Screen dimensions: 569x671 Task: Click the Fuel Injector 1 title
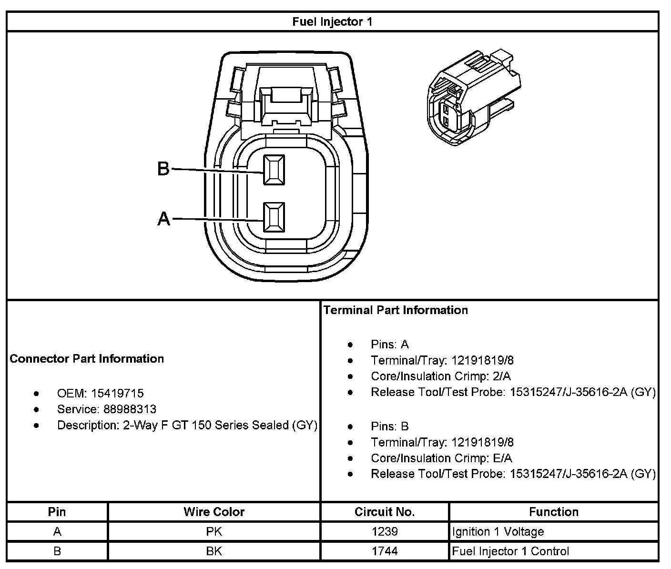point(332,22)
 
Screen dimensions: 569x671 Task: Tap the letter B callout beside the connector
point(163,169)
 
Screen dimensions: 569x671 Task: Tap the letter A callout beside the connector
point(163,219)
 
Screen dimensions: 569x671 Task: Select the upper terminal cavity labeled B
point(274,170)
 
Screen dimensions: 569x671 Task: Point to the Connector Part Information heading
point(87,359)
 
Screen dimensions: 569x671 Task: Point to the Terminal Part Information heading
point(396,310)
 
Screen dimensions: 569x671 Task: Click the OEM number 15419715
point(117,394)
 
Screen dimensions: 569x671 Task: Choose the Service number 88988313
point(130,409)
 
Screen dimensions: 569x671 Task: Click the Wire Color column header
point(214,512)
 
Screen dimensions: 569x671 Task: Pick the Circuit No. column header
point(385,512)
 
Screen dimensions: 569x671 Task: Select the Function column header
point(554,512)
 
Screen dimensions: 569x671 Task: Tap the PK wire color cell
point(214,531)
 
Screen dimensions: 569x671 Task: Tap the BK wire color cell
point(214,551)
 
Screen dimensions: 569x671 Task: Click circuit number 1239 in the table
point(385,531)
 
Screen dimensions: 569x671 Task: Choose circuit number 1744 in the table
point(385,551)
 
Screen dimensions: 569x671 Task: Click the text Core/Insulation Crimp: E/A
point(441,458)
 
